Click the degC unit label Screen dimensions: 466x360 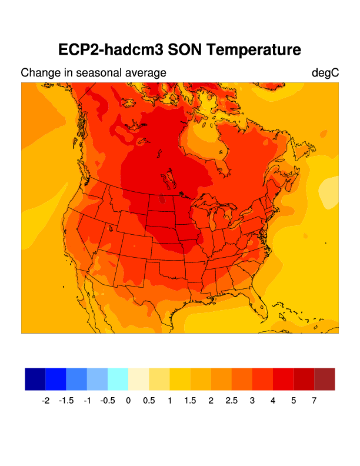pos(325,73)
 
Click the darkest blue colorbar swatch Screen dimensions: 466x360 pos(35,379)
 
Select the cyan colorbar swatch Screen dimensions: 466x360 pos(118,379)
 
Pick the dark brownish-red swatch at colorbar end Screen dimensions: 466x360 pos(325,379)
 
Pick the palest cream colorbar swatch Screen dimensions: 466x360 pos(138,379)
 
